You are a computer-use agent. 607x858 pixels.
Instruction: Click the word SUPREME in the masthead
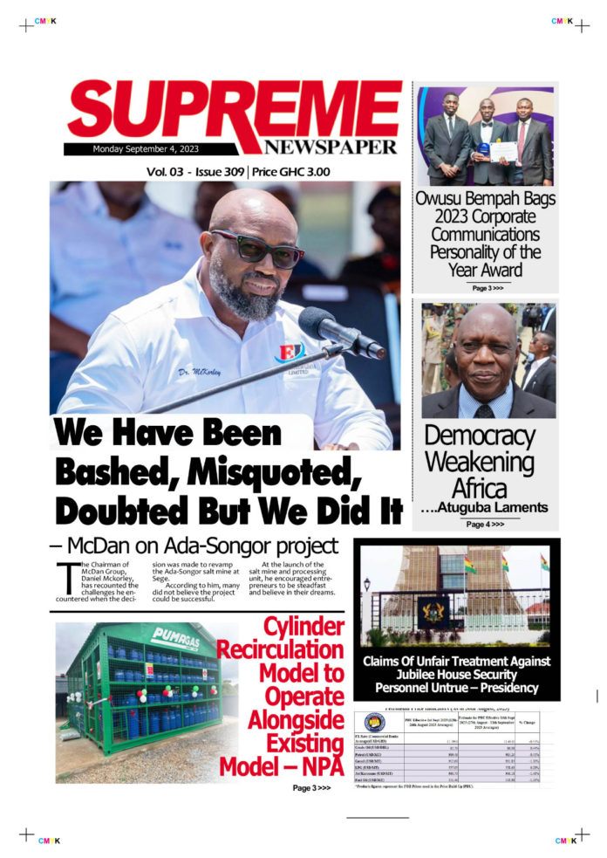(x=234, y=115)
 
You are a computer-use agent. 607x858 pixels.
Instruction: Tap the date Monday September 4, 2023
(x=146, y=148)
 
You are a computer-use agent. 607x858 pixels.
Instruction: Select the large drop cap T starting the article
(x=64, y=578)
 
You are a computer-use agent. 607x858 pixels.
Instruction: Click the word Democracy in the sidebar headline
(x=479, y=436)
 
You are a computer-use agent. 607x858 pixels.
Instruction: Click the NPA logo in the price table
(x=375, y=723)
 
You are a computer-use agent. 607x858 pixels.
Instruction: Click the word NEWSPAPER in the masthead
(x=331, y=147)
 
